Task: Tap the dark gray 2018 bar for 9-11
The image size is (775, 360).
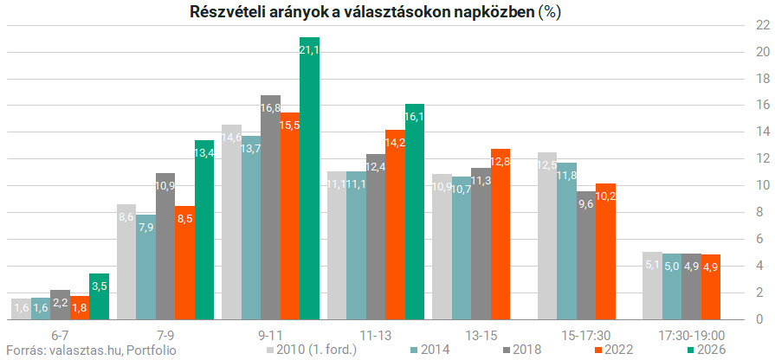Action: (x=270, y=208)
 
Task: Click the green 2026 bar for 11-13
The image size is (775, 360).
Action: (x=414, y=212)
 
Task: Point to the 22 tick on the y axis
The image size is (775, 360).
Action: (x=762, y=25)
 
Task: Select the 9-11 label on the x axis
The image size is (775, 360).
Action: (x=271, y=335)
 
